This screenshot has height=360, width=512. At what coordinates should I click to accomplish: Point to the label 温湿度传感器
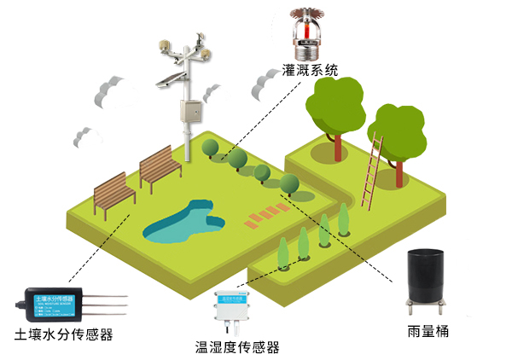[x=237, y=347]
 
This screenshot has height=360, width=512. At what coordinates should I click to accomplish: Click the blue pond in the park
[x=183, y=222]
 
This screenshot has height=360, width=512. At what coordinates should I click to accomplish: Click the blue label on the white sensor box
[x=236, y=298]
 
